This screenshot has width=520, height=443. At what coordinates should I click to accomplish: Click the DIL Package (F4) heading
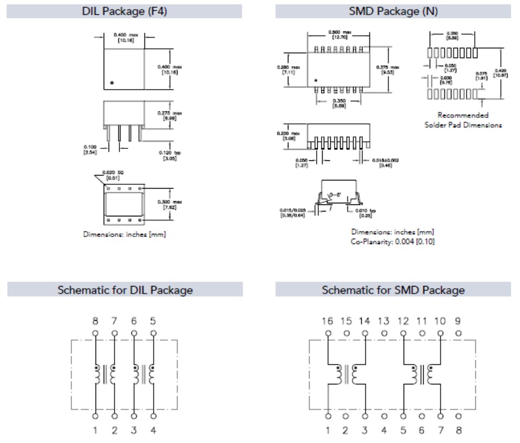(x=124, y=11)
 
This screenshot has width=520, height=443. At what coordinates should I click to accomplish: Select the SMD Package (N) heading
(x=393, y=11)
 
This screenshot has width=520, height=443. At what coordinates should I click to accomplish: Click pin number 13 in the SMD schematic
(x=384, y=321)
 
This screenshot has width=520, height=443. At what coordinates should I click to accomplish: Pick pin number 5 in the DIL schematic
(x=153, y=321)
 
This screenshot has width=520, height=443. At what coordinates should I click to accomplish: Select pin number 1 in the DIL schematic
(x=96, y=431)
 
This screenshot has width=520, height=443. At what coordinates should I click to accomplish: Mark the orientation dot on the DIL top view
(x=111, y=82)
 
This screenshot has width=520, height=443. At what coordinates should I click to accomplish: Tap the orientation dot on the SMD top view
(x=316, y=80)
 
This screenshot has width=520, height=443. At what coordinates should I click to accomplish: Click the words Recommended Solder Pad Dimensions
(x=463, y=120)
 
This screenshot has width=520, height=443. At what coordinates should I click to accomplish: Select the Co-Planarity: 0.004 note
(x=393, y=241)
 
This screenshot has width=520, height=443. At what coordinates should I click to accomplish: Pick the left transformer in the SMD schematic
(x=346, y=375)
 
